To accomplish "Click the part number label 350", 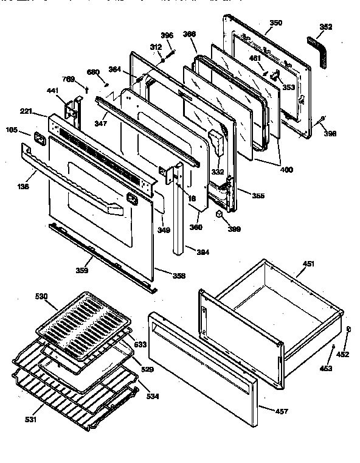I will click(276, 23).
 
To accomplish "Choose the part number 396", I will click(167, 35).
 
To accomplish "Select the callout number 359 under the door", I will click(83, 271).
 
